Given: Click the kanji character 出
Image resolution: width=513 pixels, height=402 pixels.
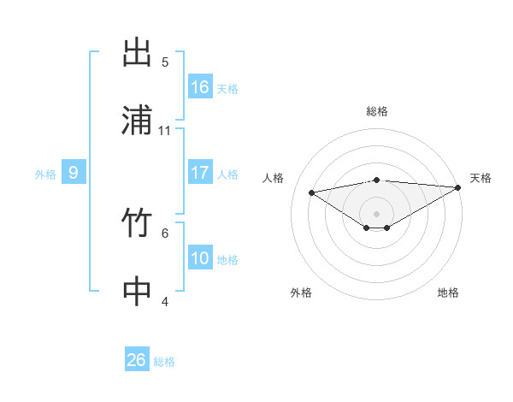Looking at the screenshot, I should (x=137, y=53).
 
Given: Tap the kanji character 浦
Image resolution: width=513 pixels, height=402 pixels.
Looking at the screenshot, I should (x=137, y=120).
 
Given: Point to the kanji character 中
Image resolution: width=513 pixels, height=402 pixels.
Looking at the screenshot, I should (x=137, y=291).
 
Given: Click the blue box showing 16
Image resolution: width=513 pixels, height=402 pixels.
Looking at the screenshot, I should (x=200, y=87).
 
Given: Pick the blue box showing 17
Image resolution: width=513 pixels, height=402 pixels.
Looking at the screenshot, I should (x=200, y=173).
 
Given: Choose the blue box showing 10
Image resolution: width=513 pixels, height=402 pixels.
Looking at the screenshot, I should (x=200, y=258).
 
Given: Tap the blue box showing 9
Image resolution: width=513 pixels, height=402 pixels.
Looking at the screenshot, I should (x=74, y=173).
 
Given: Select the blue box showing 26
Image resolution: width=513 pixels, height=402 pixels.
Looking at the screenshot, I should (x=137, y=360).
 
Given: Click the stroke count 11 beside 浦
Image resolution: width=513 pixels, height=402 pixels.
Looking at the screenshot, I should (x=165, y=131).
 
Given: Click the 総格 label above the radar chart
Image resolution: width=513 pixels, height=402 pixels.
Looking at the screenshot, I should (x=377, y=111).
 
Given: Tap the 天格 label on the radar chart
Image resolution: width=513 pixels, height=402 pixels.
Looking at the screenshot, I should (x=481, y=178).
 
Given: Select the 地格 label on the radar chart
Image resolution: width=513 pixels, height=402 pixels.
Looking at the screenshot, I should (x=448, y=293).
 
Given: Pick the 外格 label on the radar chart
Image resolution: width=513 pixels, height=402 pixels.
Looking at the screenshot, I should (x=301, y=293).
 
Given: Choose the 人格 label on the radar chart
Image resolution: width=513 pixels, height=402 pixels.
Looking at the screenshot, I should (x=274, y=178).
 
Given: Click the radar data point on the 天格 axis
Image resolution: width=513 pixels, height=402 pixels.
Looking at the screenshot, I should (x=459, y=187).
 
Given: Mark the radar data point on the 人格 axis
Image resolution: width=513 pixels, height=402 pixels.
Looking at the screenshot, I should (x=312, y=192).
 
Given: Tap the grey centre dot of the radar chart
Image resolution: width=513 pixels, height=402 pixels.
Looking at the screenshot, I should (x=377, y=213).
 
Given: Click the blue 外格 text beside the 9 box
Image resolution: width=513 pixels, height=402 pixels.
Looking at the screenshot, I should (x=45, y=174).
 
